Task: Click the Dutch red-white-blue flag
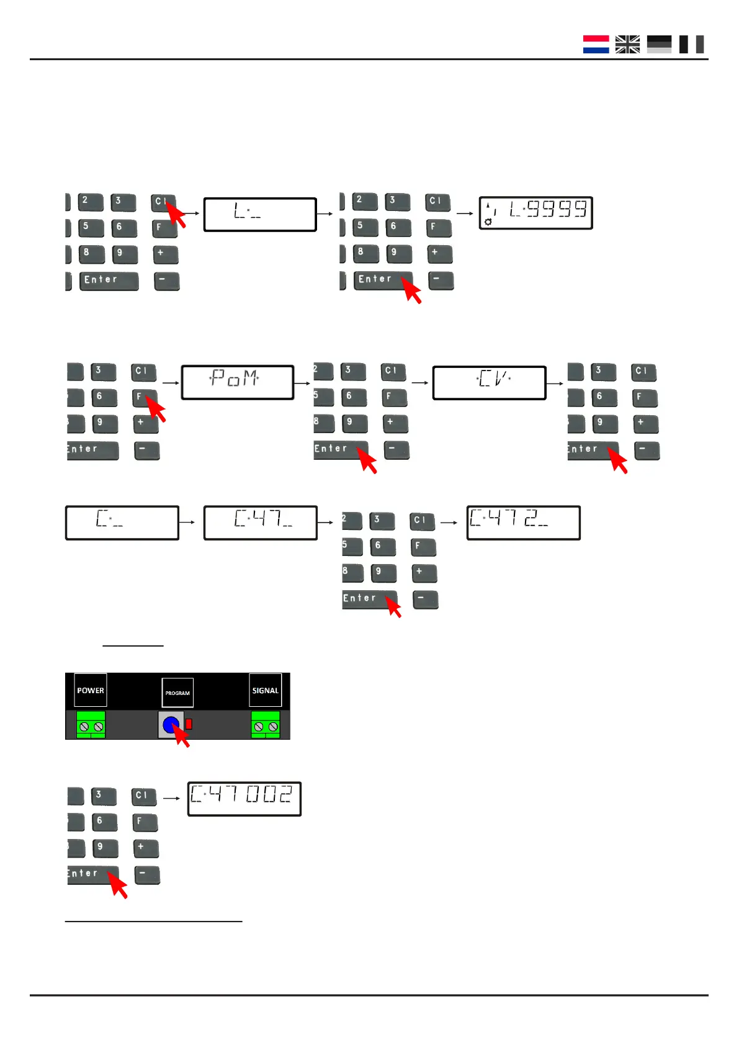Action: [596, 44]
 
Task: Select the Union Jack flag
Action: [627, 44]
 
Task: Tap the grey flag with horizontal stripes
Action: [659, 44]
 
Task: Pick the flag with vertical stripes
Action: [691, 44]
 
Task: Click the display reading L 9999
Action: [535, 213]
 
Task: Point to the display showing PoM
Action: [237, 382]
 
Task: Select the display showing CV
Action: [489, 382]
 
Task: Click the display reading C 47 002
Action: [244, 798]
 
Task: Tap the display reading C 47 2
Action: [523, 522]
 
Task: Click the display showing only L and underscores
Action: [260, 214]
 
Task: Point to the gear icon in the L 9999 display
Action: [488, 222]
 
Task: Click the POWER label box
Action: [91, 690]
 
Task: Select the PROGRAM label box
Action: [177, 693]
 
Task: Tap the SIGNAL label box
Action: [266, 690]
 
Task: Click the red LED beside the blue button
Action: [189, 724]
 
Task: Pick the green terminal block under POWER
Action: [91, 725]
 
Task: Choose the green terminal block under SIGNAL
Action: [266, 725]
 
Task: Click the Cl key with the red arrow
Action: [161, 202]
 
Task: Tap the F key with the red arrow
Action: [143, 397]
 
